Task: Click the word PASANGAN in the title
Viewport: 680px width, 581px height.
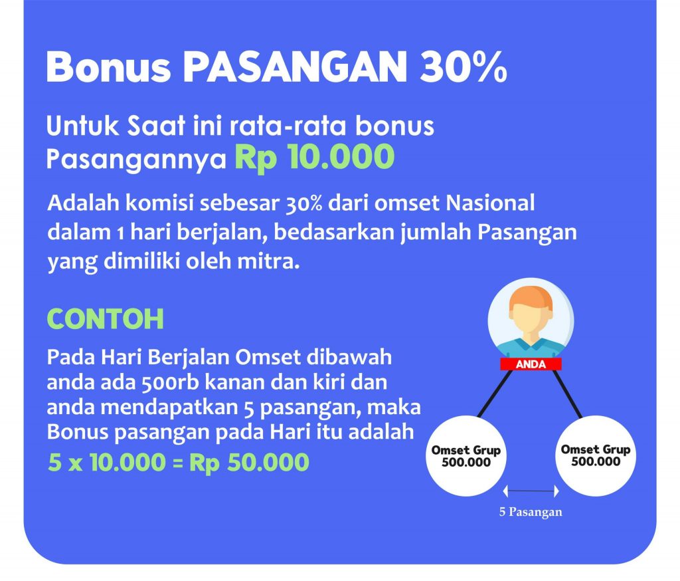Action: coord(296,66)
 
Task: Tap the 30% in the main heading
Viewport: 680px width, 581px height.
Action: coord(463,66)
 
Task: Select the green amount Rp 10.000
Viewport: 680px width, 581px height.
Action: coord(315,157)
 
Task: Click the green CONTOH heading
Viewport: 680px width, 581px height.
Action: coord(106,319)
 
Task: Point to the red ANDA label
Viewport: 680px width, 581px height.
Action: coord(531,364)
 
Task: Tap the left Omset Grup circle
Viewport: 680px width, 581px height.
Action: coord(466,455)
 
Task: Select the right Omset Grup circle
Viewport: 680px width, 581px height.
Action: coord(595,455)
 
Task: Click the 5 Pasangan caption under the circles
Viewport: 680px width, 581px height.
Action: coord(531,511)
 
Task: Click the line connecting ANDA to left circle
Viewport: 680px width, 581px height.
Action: coord(494,394)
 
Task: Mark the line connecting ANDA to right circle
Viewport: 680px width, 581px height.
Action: coord(567,394)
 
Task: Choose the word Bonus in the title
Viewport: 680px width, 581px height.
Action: coord(108,66)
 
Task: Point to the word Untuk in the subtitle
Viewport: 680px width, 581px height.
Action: coord(82,126)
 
